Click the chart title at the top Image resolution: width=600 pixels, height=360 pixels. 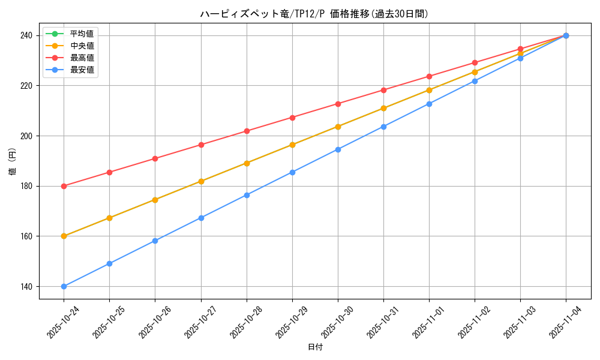[314, 14]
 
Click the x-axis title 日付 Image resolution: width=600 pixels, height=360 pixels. [314, 347]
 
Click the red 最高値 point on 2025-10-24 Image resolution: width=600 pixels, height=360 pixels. [64, 186]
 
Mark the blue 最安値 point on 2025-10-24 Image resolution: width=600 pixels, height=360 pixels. [64, 286]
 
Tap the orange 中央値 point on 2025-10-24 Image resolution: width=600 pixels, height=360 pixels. [64, 236]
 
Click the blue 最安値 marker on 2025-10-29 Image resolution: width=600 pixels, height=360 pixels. [292, 172]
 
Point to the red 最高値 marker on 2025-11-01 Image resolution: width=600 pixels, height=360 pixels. [429, 76]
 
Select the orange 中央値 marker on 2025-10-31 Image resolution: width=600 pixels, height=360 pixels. [383, 109]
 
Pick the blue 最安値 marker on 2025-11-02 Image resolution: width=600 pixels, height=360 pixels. [475, 81]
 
